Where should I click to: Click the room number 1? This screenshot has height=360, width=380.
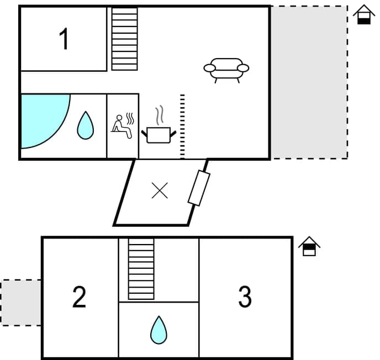pos(65,40)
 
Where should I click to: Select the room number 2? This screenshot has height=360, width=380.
pos(80,298)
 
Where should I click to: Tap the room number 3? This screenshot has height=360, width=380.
pos(245,298)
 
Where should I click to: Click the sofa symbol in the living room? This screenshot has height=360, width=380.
pos(226,69)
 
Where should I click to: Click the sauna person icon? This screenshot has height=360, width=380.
pos(119,124)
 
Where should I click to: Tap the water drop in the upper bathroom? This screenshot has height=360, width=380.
pos(85,125)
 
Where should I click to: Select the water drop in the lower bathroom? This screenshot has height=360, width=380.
pos(159,330)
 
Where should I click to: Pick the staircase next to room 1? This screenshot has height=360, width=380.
pos(124,39)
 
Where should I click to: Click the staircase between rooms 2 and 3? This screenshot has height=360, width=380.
pos(141,269)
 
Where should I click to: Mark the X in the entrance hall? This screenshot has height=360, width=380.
pos(160,191)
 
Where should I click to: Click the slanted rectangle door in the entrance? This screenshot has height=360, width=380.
pos(199,188)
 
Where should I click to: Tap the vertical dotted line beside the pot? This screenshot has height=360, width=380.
pos(182,126)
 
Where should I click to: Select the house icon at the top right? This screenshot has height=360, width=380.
pos(363,14)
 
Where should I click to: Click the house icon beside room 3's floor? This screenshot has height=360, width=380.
pos(310,246)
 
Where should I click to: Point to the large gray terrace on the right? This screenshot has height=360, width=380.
pos(309,82)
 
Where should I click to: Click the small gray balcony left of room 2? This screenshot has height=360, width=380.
pos(21,302)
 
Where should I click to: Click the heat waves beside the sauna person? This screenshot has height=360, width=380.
pos(130,119)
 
